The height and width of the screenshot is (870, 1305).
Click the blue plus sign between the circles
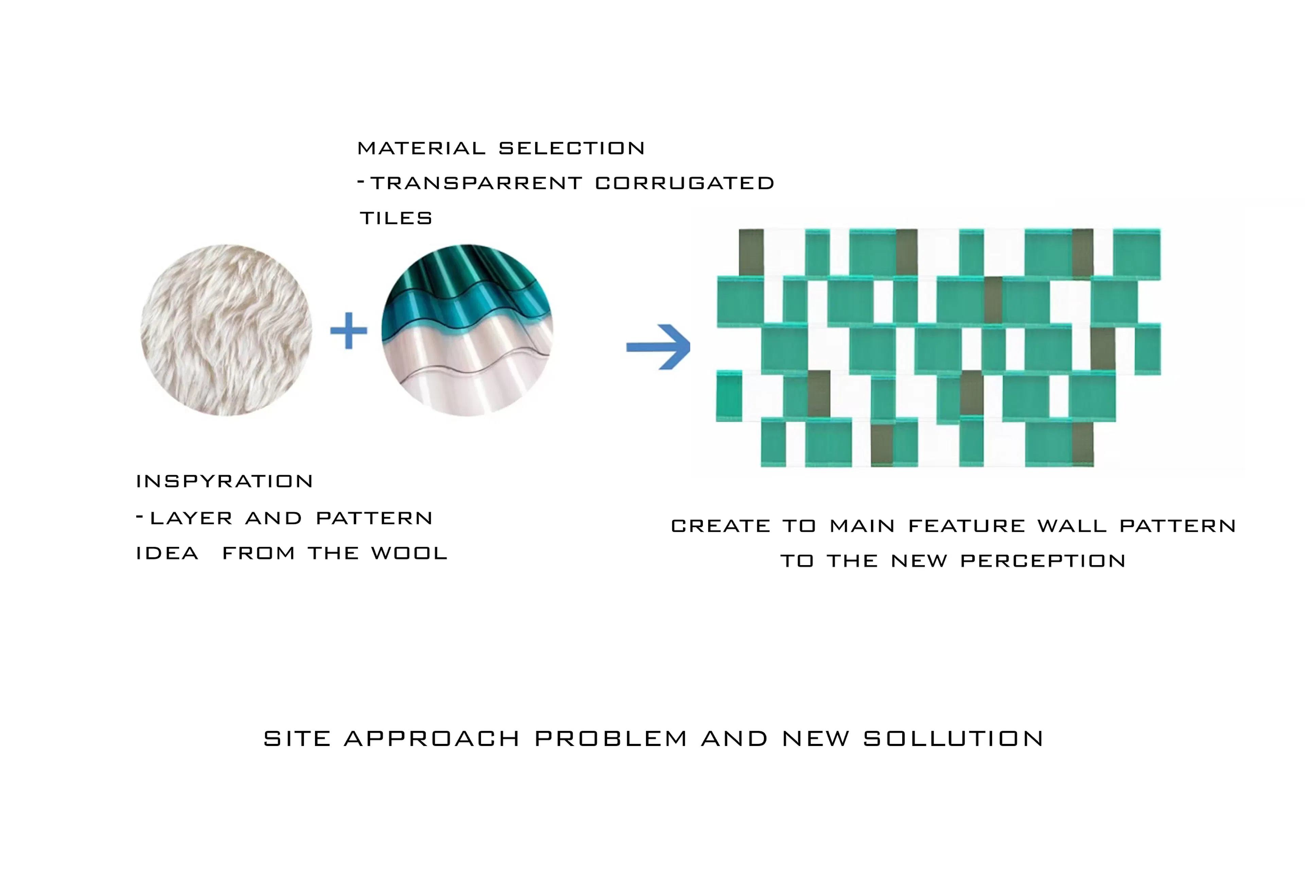[x=348, y=331]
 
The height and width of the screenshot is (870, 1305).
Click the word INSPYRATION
[x=225, y=481]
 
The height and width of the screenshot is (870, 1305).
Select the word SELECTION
[x=572, y=148]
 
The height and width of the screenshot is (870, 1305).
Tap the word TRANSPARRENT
[x=476, y=183]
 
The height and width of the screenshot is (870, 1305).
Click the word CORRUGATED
[x=685, y=183]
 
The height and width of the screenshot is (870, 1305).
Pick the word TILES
[x=396, y=218]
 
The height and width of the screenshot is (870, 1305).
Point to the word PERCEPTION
[x=1043, y=561]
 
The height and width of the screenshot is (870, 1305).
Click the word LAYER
[x=191, y=518]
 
